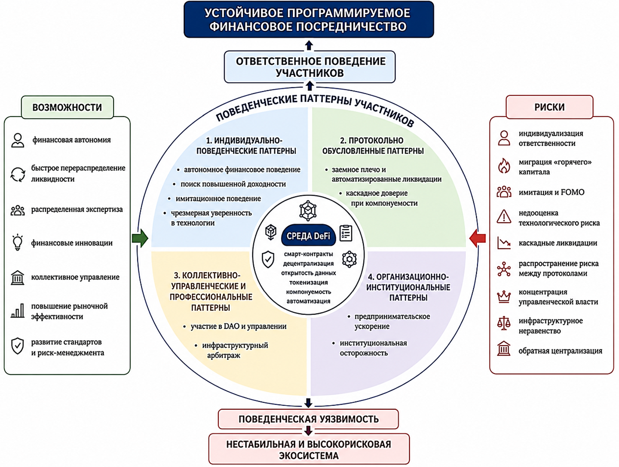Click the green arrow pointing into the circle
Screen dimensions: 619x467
pyautogui.click(x=140, y=238)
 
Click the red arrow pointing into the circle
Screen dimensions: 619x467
pyautogui.click(x=478, y=238)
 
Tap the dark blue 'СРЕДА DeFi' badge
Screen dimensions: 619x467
pyautogui.click(x=309, y=236)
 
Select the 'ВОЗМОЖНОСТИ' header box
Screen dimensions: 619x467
pyautogui.click(x=67, y=107)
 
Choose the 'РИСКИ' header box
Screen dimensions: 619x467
pyautogui.click(x=549, y=107)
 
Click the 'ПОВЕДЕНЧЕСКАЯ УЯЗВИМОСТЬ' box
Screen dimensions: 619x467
pyautogui.click(x=308, y=419)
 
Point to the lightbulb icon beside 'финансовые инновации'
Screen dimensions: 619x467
pyautogui.click(x=17, y=242)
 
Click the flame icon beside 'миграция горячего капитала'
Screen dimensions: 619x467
pyautogui.click(x=504, y=166)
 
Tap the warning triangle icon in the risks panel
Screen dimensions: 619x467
pyautogui.click(x=504, y=217)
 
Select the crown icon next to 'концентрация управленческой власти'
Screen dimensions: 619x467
pyautogui.click(x=504, y=296)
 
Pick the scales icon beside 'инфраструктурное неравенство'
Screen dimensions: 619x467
pyautogui.click(x=504, y=323)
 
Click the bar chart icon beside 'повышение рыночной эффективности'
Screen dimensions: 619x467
pyautogui.click(x=18, y=311)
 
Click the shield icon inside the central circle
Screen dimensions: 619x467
pyautogui.click(x=268, y=259)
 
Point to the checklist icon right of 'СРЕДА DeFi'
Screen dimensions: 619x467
pyautogui.click(x=346, y=233)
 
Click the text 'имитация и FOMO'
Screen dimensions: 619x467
pyautogui.click(x=551, y=192)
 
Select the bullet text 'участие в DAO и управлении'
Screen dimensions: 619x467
pyautogui.click(x=238, y=326)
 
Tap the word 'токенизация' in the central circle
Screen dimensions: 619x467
pyautogui.click(x=309, y=283)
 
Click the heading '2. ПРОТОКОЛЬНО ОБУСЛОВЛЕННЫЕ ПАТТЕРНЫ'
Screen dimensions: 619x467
pyautogui.click(x=373, y=146)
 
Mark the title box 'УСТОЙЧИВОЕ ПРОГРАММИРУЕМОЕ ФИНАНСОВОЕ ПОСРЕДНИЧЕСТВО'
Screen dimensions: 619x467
pyautogui.click(x=309, y=20)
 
